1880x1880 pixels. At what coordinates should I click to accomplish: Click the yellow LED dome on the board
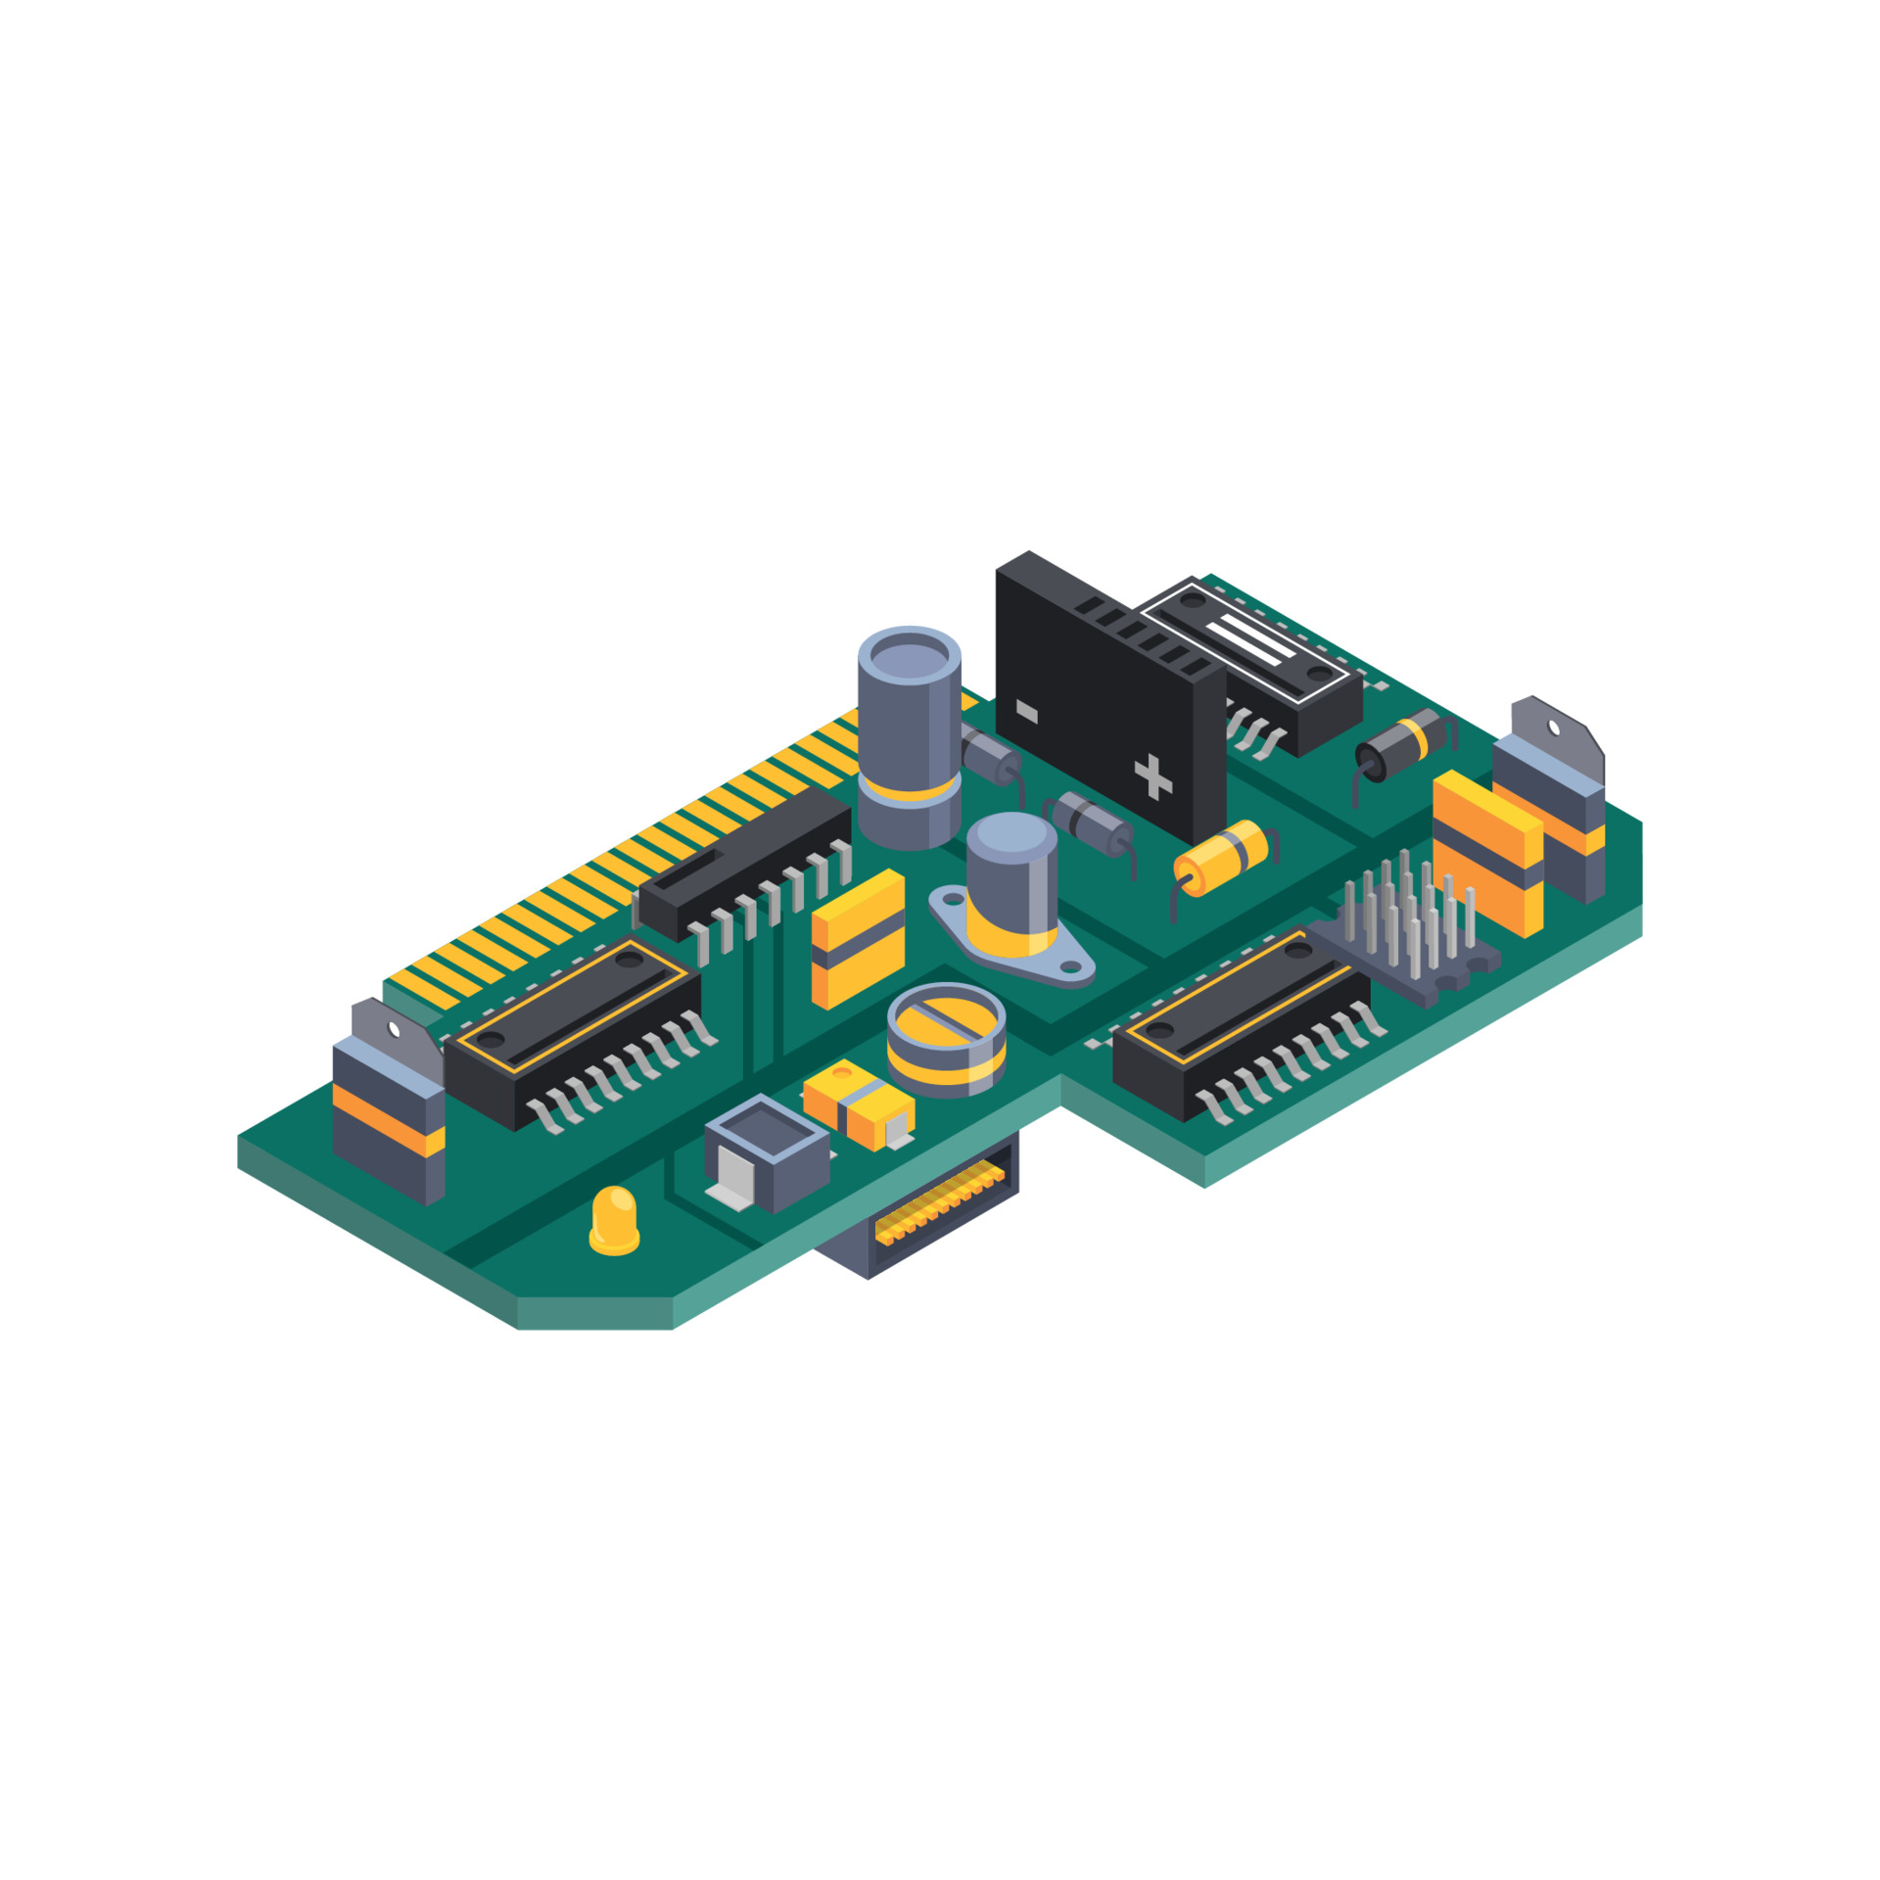pos(614,1218)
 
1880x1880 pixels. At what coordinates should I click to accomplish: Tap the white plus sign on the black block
pos(1152,777)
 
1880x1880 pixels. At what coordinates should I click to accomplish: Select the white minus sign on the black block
pos(1026,712)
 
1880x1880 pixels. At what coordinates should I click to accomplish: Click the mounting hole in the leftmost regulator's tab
pos(395,1029)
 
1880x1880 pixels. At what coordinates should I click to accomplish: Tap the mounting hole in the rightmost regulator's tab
pos(1554,727)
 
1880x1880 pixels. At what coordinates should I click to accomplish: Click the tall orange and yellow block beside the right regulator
pos(1487,853)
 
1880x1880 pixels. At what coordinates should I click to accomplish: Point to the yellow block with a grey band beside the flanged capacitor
pos(858,938)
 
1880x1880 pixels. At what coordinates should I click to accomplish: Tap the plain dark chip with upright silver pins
pos(744,862)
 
